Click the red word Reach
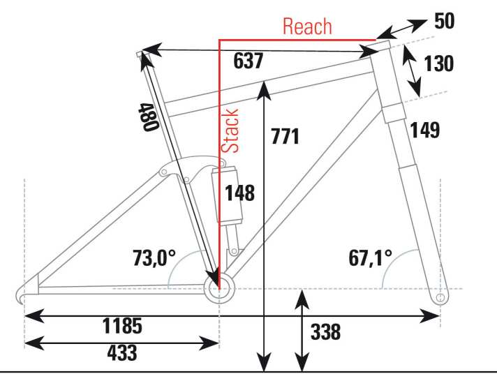coord(307,27)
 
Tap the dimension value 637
coord(248,61)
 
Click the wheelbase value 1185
coord(121,325)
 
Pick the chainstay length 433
coord(122,352)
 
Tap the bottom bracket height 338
coord(325,331)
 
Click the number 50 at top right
coord(444,21)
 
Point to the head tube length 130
coord(438,64)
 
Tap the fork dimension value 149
coord(425,130)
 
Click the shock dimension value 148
coord(239,193)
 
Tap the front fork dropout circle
coord(440,298)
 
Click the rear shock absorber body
coord(227,196)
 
